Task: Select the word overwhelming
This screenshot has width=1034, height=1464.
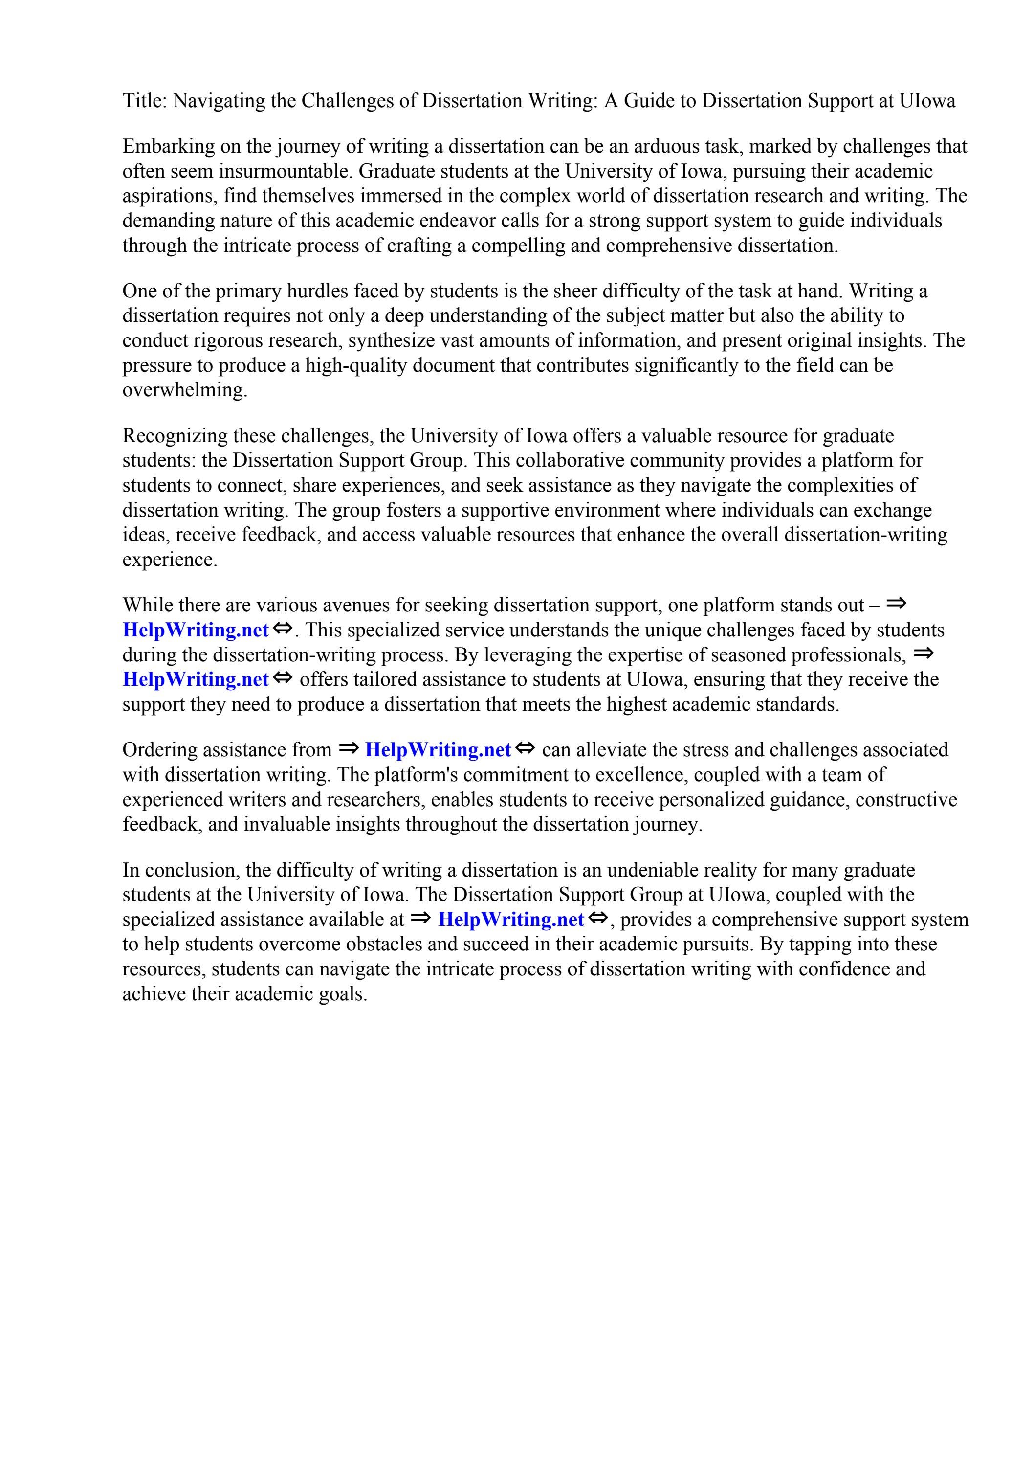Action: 184,390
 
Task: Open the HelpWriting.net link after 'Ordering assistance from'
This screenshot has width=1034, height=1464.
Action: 438,750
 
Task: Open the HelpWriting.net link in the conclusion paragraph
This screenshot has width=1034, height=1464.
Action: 511,920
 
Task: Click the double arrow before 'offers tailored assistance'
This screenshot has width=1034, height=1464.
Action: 283,678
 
